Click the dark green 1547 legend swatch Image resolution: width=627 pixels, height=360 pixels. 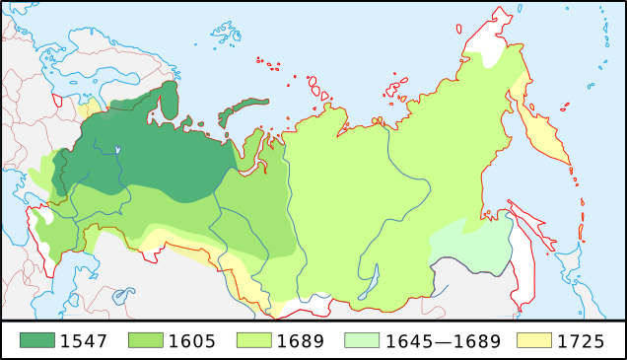pos(36,341)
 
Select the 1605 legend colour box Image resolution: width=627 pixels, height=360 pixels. pos(145,341)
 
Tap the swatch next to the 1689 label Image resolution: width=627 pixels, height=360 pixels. pos(254,341)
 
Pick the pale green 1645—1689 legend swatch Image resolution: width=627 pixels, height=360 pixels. pos(362,341)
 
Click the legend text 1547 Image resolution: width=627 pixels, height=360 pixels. pos(83,342)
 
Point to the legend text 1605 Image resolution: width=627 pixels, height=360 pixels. pos(192,342)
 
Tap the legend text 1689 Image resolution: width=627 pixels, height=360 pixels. pos(301,342)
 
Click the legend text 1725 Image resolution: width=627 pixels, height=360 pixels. pos(582,342)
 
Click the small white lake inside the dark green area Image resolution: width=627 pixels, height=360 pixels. pos(117,151)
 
